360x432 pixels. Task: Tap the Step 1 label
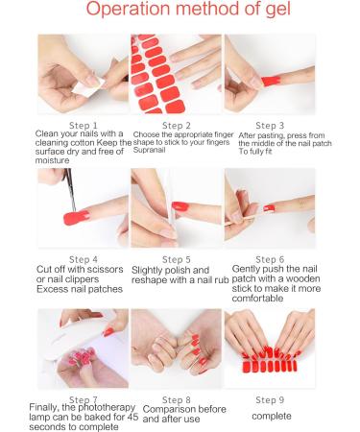click(x=83, y=125)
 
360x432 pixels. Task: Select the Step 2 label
click(x=177, y=125)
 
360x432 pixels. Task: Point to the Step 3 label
click(x=272, y=125)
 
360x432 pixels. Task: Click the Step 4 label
click(x=83, y=259)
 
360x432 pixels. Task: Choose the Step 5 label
click(x=177, y=259)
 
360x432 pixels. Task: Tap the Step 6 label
click(x=272, y=259)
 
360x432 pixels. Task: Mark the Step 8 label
click(x=177, y=397)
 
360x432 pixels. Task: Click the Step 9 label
click(x=272, y=397)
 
